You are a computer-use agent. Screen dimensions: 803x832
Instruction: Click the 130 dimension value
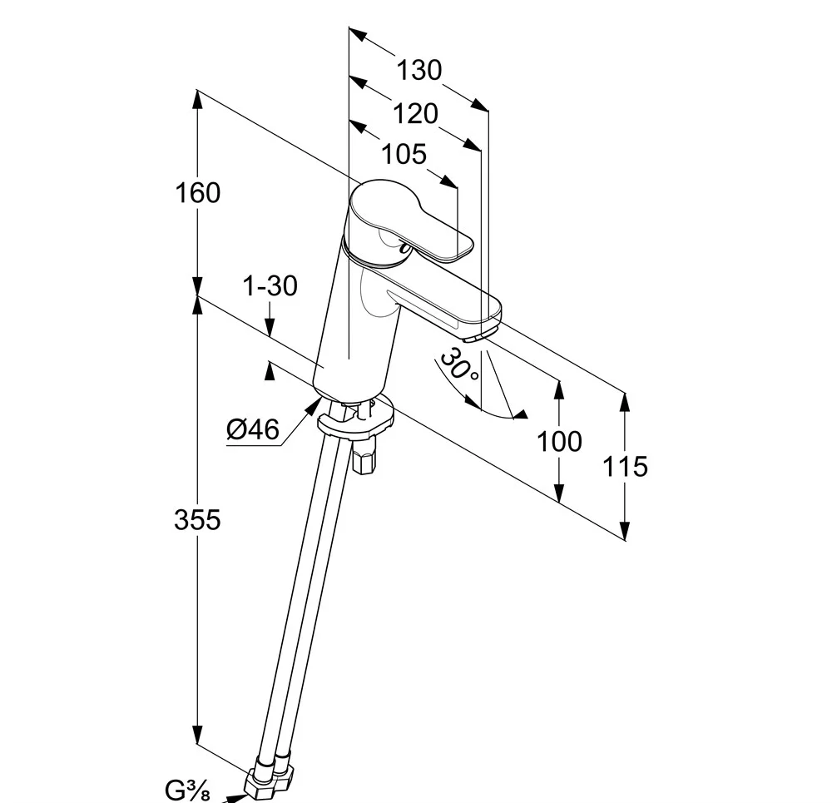coord(418,70)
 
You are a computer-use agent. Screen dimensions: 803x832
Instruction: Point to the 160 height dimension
coord(198,192)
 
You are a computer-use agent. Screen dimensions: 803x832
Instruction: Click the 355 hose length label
coord(197,519)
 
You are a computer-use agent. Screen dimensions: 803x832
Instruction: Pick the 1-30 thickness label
coord(270,285)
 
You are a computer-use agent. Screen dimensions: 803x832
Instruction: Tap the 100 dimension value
coord(559,441)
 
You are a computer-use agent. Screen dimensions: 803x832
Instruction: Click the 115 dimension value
coord(625,466)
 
